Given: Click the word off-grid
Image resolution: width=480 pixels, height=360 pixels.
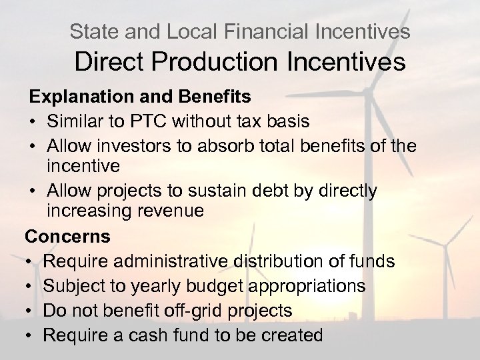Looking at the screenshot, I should (x=191, y=310).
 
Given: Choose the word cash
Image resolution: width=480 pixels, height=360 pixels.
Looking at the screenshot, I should (x=137, y=334).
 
